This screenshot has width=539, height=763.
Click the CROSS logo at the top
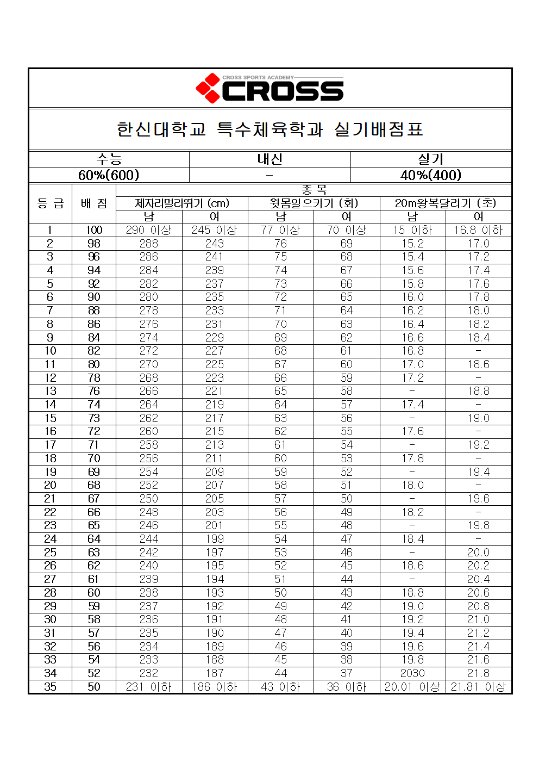pyautogui.click(x=270, y=89)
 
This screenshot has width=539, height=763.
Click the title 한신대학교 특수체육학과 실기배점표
pyautogui.click(x=270, y=129)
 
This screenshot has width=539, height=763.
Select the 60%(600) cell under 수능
pyautogui.click(x=109, y=175)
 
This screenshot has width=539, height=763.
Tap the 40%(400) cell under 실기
pyautogui.click(x=431, y=175)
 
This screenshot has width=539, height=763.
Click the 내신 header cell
pyautogui.click(x=270, y=159)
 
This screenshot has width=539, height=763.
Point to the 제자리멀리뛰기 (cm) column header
pyautogui.click(x=182, y=203)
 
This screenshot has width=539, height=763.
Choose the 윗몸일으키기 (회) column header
pyautogui.click(x=314, y=203)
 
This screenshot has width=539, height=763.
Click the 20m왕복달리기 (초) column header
pyautogui.click(x=446, y=203)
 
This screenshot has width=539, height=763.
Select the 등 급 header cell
pyautogui.click(x=50, y=203)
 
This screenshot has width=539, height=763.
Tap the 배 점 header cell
pyautogui.click(x=94, y=203)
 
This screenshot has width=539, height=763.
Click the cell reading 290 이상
pyautogui.click(x=148, y=230)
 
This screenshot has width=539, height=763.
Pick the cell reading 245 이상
pyautogui.click(x=215, y=230)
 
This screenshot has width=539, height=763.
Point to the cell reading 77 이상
pyautogui.click(x=280, y=230)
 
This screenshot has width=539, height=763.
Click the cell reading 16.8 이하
pyautogui.click(x=478, y=230)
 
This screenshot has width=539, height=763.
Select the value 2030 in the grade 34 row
pyautogui.click(x=412, y=673)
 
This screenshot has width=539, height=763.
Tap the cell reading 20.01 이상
pyautogui.click(x=412, y=687)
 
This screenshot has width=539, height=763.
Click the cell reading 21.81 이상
pyautogui.click(x=478, y=687)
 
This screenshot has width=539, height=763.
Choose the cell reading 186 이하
pyautogui.click(x=215, y=687)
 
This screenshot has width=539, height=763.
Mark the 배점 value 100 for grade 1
pyautogui.click(x=94, y=230)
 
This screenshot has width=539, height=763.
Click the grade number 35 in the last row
pyautogui.click(x=50, y=687)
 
